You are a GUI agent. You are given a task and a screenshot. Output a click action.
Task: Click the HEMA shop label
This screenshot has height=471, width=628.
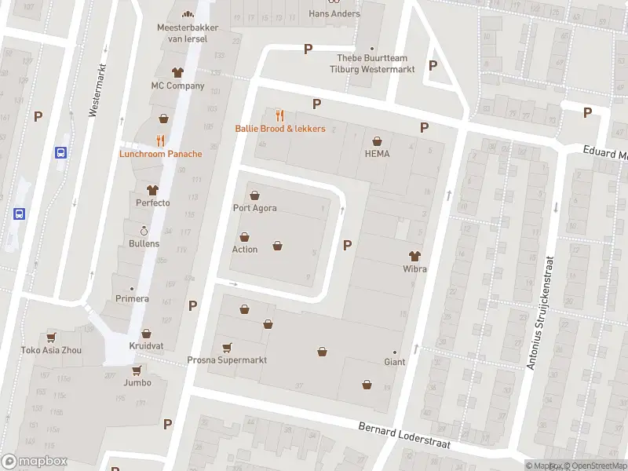point(377,153)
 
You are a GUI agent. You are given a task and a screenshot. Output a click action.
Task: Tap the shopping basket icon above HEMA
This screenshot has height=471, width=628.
point(377,141)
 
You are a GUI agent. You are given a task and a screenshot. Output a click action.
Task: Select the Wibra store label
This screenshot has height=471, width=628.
point(414,269)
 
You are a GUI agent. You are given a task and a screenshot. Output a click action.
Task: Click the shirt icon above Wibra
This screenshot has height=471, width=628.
point(414,256)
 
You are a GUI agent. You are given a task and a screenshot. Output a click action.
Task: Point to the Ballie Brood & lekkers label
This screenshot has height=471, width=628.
point(280,128)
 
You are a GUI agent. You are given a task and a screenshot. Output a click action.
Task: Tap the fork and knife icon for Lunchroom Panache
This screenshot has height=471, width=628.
point(160,141)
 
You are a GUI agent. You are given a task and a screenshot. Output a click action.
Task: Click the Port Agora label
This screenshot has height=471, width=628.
point(254,208)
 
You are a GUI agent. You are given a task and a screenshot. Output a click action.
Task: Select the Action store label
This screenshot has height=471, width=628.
point(244,250)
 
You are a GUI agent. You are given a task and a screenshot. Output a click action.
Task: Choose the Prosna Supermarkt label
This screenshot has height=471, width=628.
point(227,360)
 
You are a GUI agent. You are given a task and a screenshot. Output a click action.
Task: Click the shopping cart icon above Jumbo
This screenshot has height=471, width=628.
point(137,370)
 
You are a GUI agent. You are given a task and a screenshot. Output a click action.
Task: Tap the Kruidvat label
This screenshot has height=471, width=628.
point(147,346)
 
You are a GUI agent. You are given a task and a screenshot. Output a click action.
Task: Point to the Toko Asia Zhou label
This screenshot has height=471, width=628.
point(51,350)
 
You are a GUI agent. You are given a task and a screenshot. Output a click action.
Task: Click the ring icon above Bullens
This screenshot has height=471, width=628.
point(144,231)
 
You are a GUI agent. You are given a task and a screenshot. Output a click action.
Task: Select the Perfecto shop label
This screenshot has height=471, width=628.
point(152,203)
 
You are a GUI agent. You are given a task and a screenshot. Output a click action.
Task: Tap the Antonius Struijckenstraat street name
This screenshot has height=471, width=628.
point(540,312)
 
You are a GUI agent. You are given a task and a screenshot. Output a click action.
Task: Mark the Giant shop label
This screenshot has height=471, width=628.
point(394,362)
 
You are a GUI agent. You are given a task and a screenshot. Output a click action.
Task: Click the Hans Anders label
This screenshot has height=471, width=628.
point(334,13)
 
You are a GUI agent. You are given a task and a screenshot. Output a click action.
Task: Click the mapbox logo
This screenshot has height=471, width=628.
point(35,462)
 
